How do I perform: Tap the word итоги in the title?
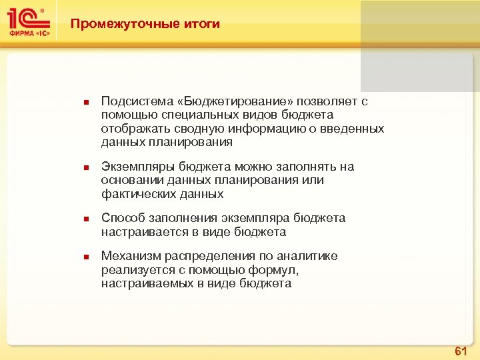pos(201,25)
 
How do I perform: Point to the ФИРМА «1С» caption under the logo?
pos(28,32)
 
